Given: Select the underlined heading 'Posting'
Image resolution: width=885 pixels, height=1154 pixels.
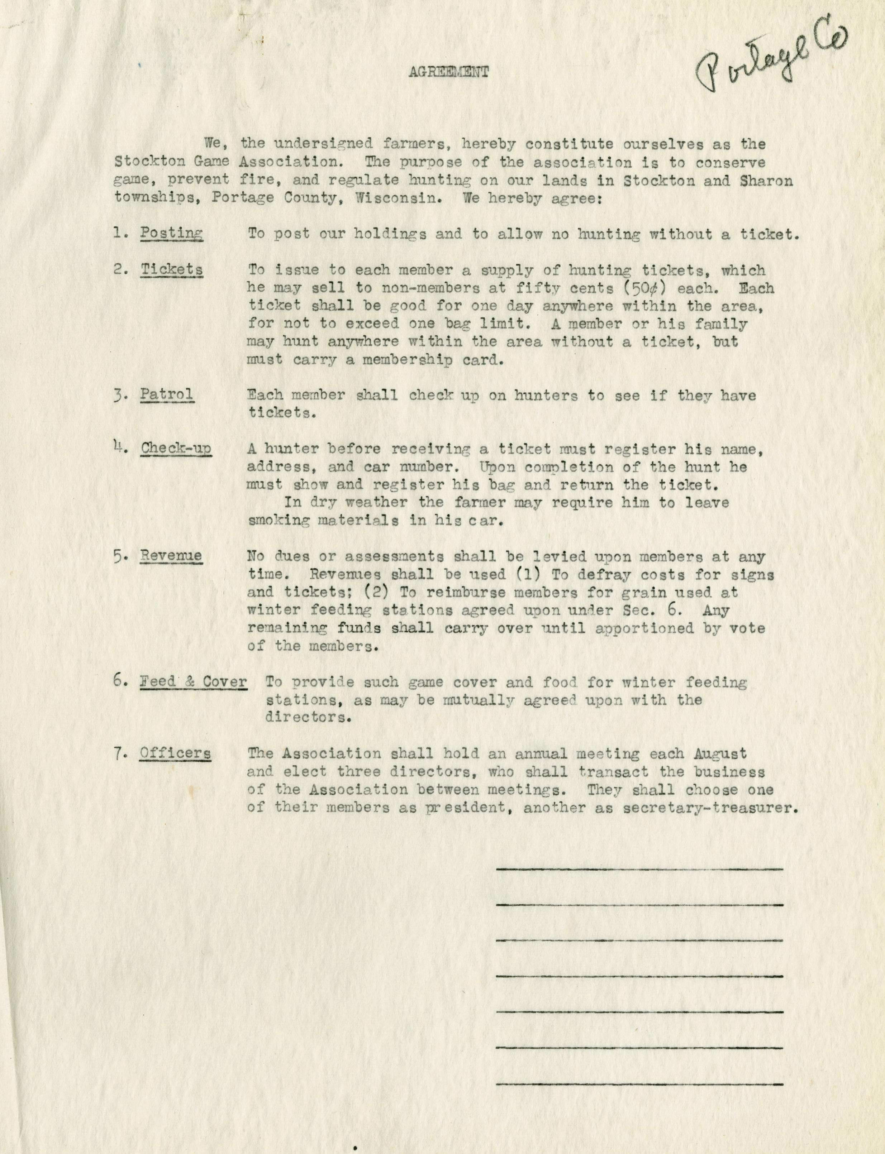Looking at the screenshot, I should pyautogui.click(x=171, y=233).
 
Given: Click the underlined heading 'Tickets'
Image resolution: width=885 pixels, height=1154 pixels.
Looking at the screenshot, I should pyautogui.click(x=172, y=269).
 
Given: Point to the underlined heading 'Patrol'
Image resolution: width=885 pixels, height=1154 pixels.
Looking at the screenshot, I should pyautogui.click(x=166, y=394).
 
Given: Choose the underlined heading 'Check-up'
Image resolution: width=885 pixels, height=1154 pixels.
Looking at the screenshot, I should pyautogui.click(x=176, y=449).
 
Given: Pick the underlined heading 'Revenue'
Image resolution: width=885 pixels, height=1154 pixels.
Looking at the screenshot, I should pyautogui.click(x=171, y=556).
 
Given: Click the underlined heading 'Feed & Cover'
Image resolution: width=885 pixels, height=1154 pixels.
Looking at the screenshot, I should pyautogui.click(x=193, y=682).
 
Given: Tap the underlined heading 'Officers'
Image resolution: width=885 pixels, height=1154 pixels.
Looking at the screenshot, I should pyautogui.click(x=175, y=753).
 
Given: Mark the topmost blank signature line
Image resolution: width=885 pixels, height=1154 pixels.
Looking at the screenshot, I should pyautogui.click(x=639, y=869).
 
